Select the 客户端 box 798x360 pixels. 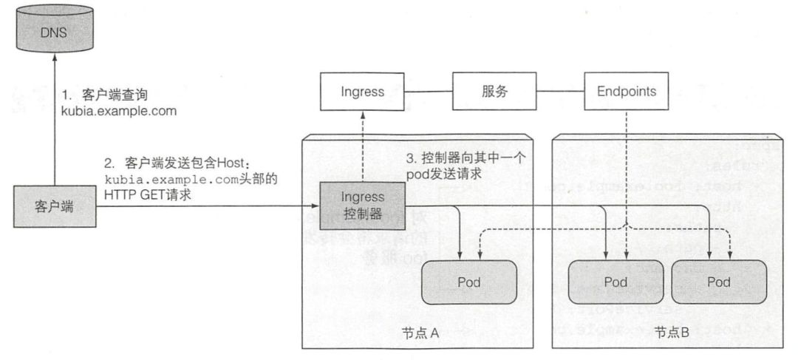(55, 206)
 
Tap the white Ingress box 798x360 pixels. (362, 92)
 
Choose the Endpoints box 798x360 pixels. (626, 92)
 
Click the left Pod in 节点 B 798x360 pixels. (615, 282)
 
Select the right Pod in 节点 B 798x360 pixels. (718, 282)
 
